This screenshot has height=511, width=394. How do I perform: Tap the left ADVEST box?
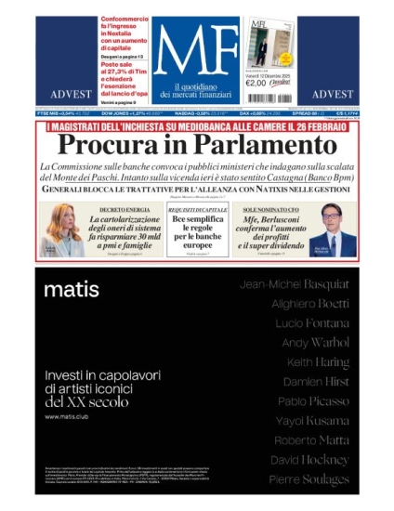click(65, 94)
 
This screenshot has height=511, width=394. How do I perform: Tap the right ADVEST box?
click(331, 94)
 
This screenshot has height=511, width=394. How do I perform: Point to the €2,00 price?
click(256, 81)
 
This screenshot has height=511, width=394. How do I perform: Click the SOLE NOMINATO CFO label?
click(269, 211)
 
